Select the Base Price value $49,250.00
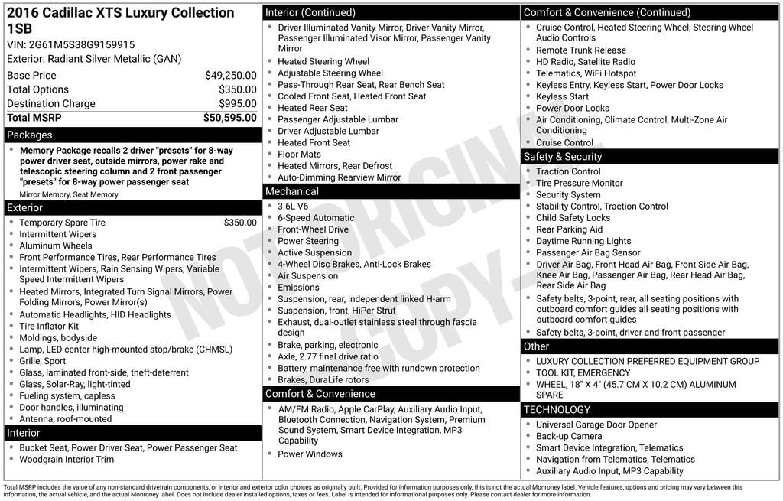coord(230,76)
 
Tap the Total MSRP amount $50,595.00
coord(229,118)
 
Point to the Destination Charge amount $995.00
coord(237,104)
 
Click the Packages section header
coord(30,135)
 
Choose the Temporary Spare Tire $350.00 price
coord(240,223)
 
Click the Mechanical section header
coord(291,191)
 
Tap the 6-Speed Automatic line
coord(305,218)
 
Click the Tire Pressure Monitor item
coord(579,184)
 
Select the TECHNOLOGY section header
coord(557,410)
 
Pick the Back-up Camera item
coord(569,437)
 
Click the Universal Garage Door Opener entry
coord(596,425)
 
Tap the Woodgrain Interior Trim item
coord(67,460)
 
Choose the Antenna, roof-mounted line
coord(65,419)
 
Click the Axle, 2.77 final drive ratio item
coord(327,357)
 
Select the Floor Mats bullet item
coord(299,155)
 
